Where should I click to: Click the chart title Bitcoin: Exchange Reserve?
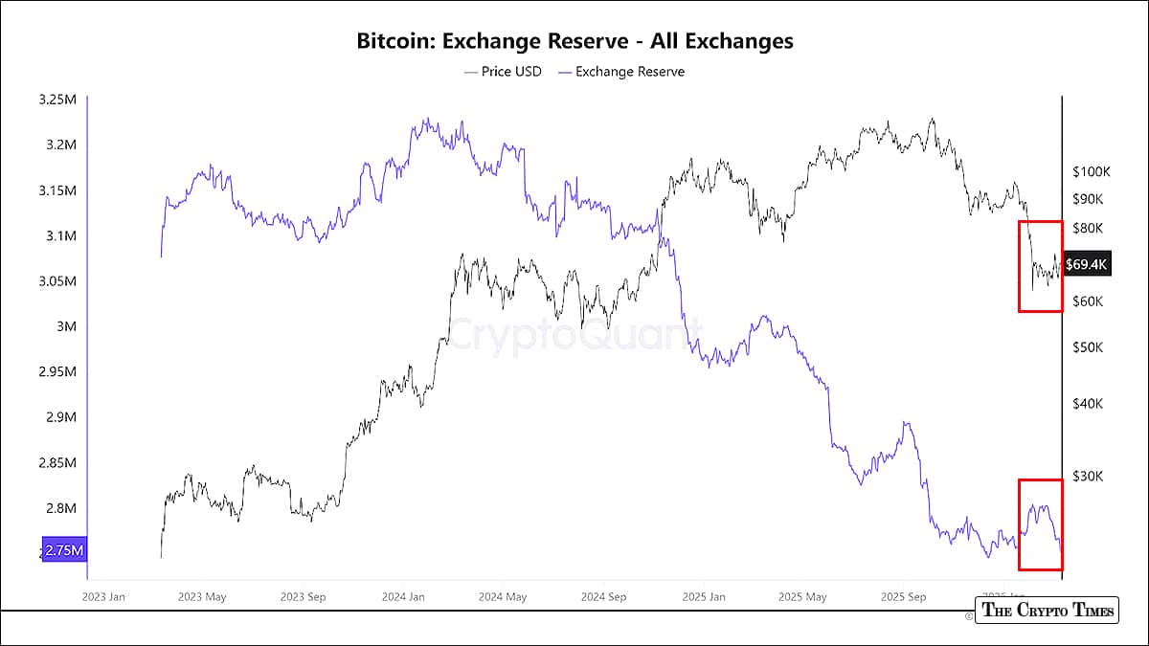574,41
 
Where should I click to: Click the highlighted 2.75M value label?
64,551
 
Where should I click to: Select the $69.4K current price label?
1087,264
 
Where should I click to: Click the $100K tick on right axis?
1092,172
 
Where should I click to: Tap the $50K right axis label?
1088,347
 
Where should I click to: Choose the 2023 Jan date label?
104,597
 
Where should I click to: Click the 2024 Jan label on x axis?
403,597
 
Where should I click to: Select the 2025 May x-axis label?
803,597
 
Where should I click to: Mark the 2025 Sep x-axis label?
904,597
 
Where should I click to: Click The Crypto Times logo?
1047,611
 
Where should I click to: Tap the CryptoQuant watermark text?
569,336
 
